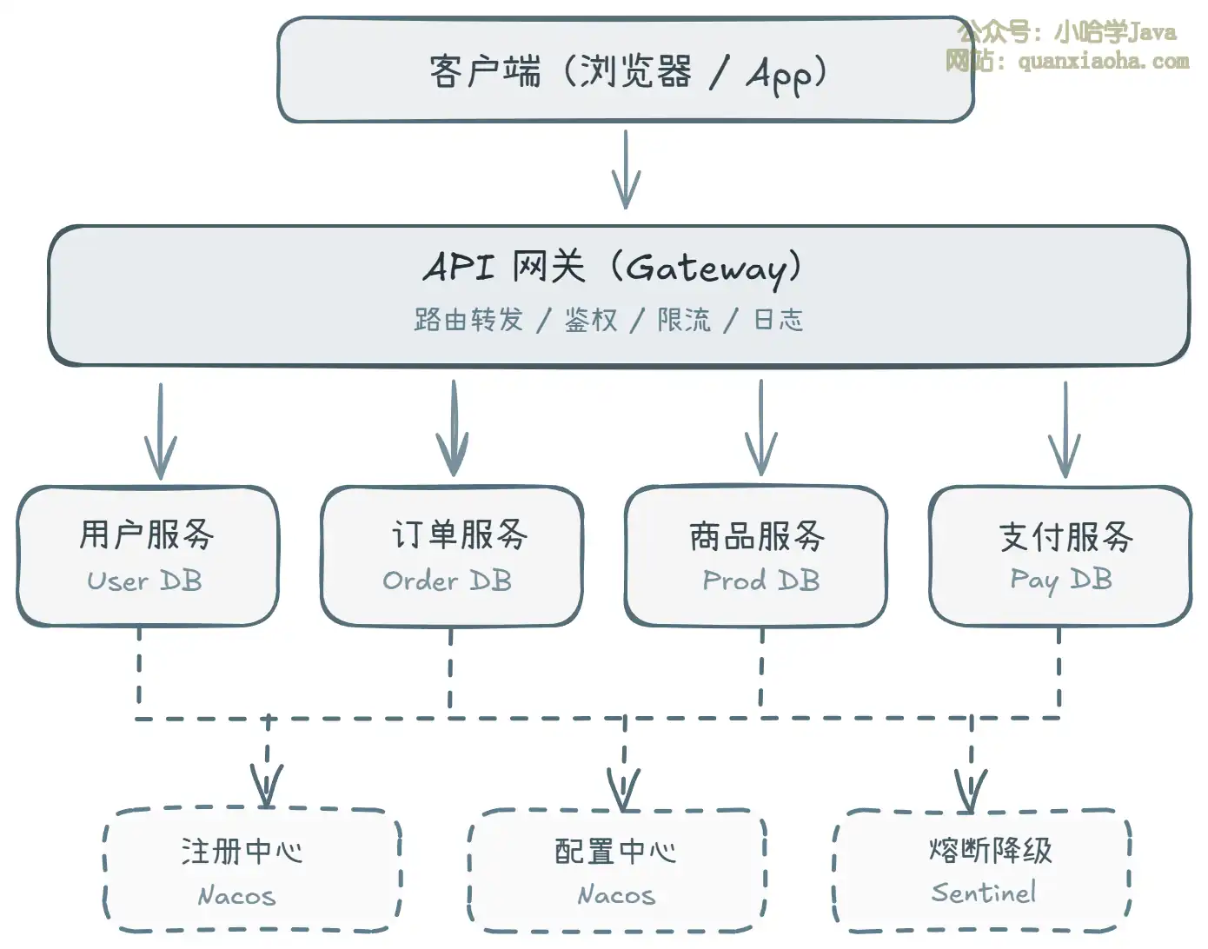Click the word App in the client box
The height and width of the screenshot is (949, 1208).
click(x=780, y=75)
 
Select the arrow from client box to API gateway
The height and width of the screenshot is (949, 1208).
click(x=626, y=169)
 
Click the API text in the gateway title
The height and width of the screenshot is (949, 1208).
click(x=459, y=267)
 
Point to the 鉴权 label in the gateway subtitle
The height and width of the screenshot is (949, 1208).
click(x=591, y=320)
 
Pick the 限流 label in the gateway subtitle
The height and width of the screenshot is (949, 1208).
click(x=684, y=320)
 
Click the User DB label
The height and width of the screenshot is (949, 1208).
click(x=145, y=581)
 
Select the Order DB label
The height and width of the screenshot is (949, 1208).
click(x=448, y=581)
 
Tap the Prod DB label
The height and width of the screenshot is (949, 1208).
click(x=761, y=581)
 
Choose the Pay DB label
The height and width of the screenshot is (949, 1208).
click(x=1061, y=580)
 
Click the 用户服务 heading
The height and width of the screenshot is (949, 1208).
click(x=147, y=534)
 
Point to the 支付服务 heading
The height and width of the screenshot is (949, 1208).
click(x=1066, y=536)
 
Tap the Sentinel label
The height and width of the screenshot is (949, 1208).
click(x=984, y=893)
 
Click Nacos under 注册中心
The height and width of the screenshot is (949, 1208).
click(x=236, y=895)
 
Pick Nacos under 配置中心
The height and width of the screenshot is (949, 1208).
click(x=616, y=894)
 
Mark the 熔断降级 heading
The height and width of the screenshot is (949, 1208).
click(x=990, y=849)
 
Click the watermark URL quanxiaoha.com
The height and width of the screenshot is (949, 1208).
click(x=1103, y=61)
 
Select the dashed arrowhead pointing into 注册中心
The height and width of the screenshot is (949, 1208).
click(x=267, y=786)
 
